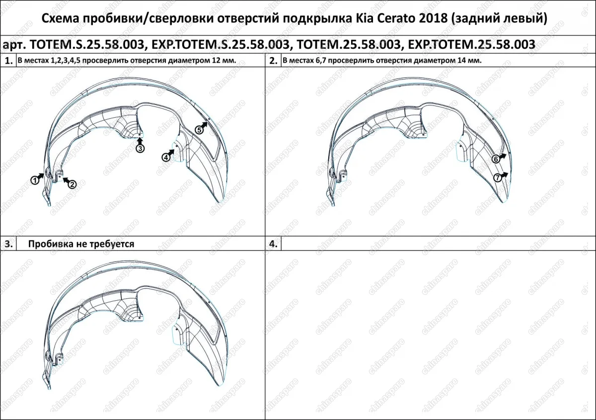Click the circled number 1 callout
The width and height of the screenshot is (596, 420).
tap(35, 180)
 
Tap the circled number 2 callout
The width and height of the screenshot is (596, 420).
tap(72, 184)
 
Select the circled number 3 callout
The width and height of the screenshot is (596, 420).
tap(141, 148)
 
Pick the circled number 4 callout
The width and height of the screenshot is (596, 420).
tap(165, 157)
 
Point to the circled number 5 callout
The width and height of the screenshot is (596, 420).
tap(199, 130)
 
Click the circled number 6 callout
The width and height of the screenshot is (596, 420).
tap(496, 159)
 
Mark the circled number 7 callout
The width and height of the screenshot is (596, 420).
tap(497, 178)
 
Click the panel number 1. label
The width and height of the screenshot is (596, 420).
tap(8, 61)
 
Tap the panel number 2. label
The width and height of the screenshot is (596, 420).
tap(273, 61)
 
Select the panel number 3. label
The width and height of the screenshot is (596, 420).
tap(8, 244)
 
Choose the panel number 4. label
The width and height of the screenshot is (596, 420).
tap(273, 244)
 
